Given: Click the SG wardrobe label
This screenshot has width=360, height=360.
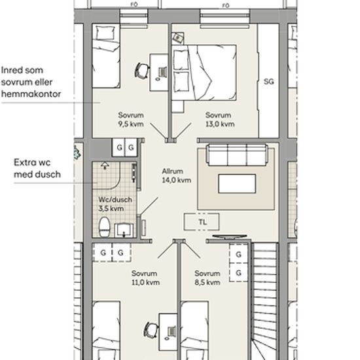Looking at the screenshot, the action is (x=268, y=82).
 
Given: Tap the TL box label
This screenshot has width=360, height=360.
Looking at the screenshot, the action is (x=202, y=222).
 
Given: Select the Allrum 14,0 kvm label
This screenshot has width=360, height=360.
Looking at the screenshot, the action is (x=176, y=175).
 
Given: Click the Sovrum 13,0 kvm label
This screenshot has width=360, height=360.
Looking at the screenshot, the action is (x=220, y=120).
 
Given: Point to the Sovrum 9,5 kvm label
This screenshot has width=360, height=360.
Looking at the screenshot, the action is (x=131, y=120).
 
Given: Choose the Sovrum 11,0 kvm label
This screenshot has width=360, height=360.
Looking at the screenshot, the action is (x=145, y=278).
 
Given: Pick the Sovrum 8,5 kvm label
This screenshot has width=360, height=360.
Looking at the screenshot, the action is (x=207, y=278).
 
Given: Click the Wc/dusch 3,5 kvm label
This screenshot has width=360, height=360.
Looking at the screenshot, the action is (x=115, y=204).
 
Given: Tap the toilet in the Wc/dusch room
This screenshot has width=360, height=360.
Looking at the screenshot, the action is (x=105, y=227).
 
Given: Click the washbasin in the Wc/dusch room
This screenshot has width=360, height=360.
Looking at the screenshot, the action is (x=124, y=230).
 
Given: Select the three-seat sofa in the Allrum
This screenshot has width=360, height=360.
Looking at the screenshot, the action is (x=237, y=154).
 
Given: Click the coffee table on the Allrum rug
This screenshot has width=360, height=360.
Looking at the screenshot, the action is (x=237, y=184).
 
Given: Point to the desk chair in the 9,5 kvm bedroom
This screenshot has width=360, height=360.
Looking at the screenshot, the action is (x=142, y=71).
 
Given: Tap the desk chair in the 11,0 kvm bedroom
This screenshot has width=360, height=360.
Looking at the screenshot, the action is (x=151, y=330).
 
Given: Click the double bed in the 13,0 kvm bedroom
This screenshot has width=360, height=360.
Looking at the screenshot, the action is (x=204, y=73).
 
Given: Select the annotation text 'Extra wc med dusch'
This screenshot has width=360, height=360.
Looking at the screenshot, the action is (x=37, y=168).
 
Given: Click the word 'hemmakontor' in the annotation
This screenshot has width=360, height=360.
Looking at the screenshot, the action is (x=31, y=94).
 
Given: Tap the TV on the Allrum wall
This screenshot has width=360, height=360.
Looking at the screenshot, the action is (x=230, y=237).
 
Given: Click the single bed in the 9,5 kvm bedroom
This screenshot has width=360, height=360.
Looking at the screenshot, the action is (x=106, y=56).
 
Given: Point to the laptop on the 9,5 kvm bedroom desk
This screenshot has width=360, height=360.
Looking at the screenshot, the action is (x=162, y=72).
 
